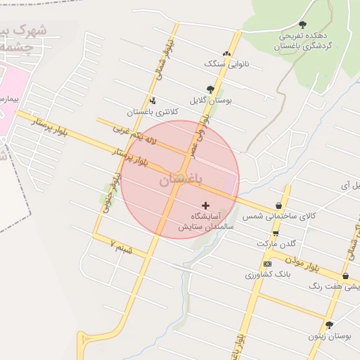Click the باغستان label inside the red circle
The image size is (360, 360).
click(x=180, y=181)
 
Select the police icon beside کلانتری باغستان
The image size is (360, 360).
click(x=153, y=100)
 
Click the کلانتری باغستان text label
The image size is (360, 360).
click(x=153, y=112)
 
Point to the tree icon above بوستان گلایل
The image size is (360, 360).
click(x=210, y=89)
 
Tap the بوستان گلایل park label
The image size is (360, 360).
click(x=216, y=101)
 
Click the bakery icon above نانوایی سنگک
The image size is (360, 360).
click(x=226, y=53)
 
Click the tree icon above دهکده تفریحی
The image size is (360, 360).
click(x=302, y=25)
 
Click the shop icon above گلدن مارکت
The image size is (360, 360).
click(x=275, y=233)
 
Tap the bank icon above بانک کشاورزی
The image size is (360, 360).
click(x=267, y=264)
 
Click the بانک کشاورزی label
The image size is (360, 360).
click(x=268, y=274)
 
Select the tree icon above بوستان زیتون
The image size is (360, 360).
click(x=329, y=325)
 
